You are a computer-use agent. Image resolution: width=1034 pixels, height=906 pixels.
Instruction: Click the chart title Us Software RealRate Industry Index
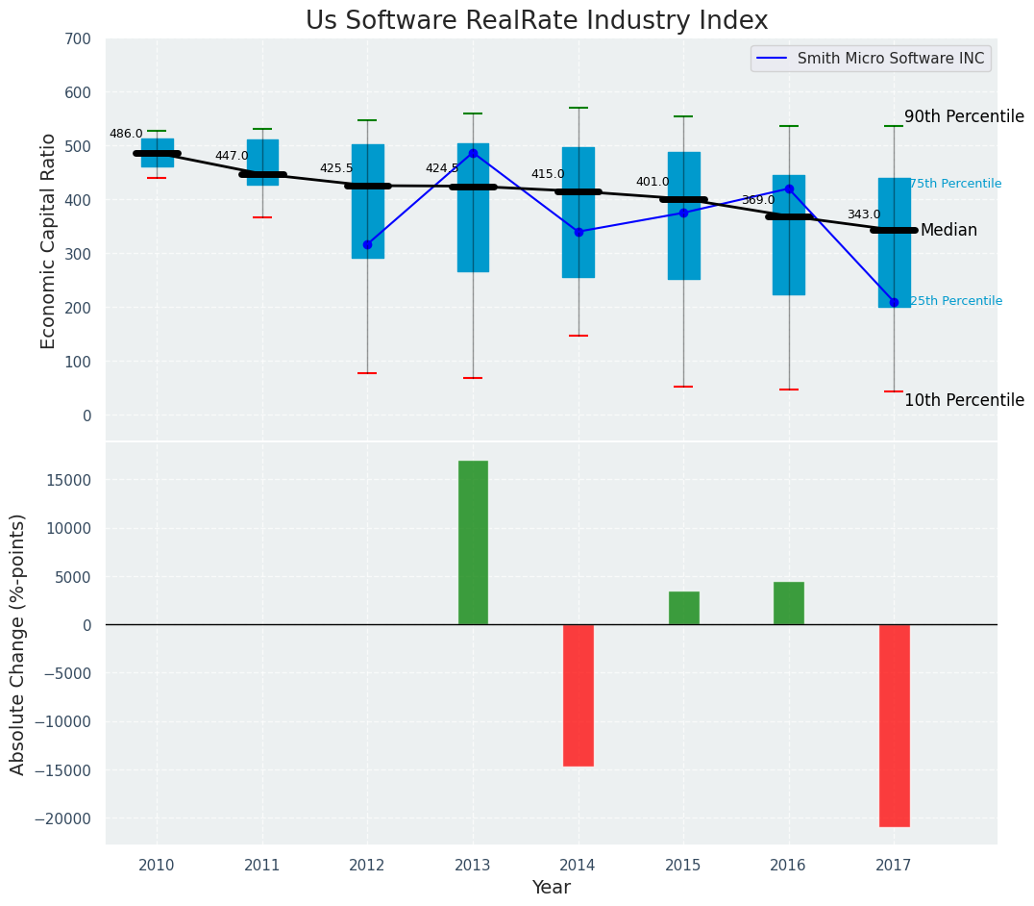coord(536,21)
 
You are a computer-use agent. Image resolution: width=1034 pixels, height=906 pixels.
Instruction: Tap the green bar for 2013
coord(473,542)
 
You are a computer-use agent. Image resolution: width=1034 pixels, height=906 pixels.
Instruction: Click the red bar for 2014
coord(579,694)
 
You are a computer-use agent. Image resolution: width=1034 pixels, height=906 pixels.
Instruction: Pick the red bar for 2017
coord(894,725)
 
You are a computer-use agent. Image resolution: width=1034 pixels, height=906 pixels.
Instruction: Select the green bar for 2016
coord(789,603)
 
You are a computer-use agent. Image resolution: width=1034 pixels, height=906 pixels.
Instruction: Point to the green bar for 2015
coord(683,608)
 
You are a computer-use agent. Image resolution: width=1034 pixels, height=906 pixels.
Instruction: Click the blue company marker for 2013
coord(473,153)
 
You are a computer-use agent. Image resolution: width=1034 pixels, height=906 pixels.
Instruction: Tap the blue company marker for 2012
coord(367,244)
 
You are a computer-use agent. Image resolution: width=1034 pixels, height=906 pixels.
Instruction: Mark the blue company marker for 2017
coord(894,302)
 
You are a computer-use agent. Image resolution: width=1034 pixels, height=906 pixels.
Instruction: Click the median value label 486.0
coord(126,135)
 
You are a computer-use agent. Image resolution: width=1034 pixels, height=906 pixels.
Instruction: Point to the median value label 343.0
coord(863,215)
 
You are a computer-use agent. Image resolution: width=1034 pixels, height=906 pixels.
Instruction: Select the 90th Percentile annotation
coord(964,116)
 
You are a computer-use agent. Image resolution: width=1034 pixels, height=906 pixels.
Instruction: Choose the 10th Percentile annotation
coord(964,401)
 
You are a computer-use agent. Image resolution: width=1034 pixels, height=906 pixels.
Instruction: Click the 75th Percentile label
coord(955,184)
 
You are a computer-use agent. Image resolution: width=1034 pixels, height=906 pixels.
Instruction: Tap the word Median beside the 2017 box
coord(948,231)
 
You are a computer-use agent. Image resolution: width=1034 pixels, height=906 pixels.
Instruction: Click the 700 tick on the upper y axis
coord(79,39)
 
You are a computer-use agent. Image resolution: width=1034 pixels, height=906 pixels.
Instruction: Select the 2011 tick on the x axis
coord(261,866)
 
